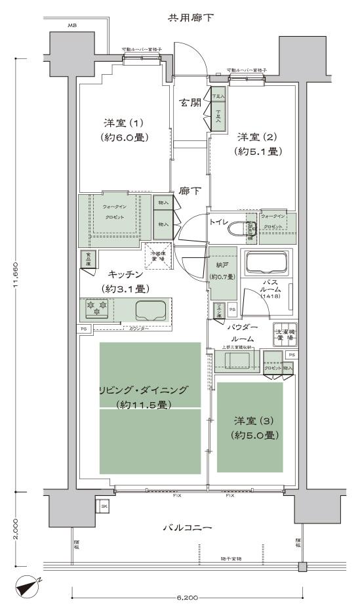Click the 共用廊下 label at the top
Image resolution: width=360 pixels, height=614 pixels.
point(191,16)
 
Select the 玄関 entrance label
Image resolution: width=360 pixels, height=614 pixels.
point(191,102)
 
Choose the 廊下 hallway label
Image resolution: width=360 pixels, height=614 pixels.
point(190,191)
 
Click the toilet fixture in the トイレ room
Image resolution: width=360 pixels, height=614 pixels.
point(249,229)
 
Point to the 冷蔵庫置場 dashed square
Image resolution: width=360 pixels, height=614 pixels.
point(157,256)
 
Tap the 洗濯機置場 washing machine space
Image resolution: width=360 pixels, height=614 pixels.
point(285,333)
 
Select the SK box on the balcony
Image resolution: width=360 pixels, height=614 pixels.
point(103,506)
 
